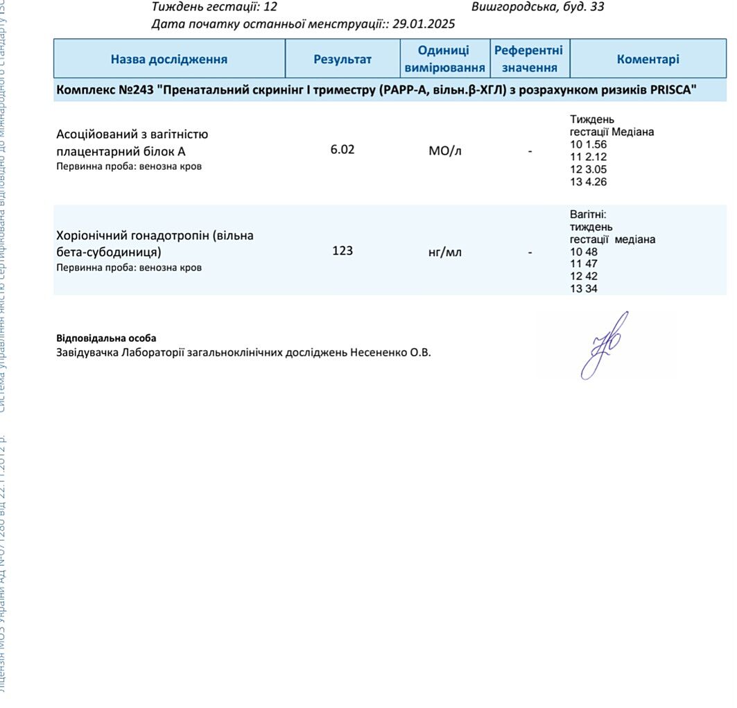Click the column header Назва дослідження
tap(169, 59)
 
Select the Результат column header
tap(343, 59)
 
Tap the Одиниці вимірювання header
tap(444, 59)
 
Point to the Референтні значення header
tap(529, 59)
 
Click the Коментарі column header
tap(648, 59)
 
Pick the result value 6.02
tap(343, 149)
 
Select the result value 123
tap(343, 250)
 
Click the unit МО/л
tap(444, 151)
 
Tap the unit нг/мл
tap(444, 252)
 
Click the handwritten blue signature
tap(603, 345)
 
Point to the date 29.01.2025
tap(424, 24)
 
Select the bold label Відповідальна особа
tap(106, 338)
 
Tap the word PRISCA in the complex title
tap(671, 90)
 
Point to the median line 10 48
tap(583, 252)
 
